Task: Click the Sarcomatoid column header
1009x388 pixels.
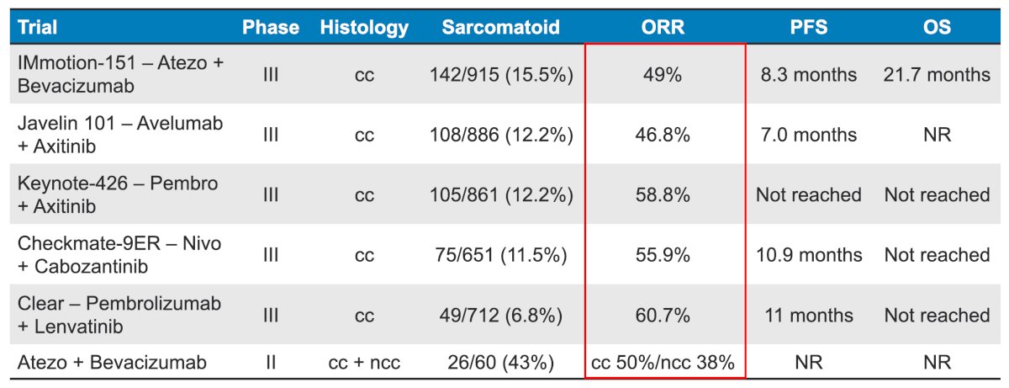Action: point(500,27)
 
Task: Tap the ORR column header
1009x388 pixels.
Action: point(663,27)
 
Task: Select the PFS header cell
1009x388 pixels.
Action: point(809,27)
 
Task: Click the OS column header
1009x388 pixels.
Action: point(937,27)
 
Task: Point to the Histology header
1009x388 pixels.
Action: point(364,28)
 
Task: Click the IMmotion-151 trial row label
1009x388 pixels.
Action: point(121,74)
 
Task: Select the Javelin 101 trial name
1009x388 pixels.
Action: point(120,135)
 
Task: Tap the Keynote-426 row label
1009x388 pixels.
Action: point(118,194)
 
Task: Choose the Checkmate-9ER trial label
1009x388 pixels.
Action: point(119,255)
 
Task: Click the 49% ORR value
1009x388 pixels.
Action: point(663,75)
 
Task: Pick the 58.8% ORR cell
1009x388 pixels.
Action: point(663,195)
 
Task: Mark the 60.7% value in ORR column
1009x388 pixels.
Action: point(663,316)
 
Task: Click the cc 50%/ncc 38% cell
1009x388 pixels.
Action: point(663,362)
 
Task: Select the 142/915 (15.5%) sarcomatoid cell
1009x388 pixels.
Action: point(501,75)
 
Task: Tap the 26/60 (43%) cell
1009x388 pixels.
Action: point(501,363)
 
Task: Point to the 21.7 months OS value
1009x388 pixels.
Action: point(937,75)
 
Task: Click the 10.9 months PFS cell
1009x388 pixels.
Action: point(809,255)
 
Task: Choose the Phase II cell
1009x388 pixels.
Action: point(271,362)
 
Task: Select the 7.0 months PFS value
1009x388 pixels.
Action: point(809,135)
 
